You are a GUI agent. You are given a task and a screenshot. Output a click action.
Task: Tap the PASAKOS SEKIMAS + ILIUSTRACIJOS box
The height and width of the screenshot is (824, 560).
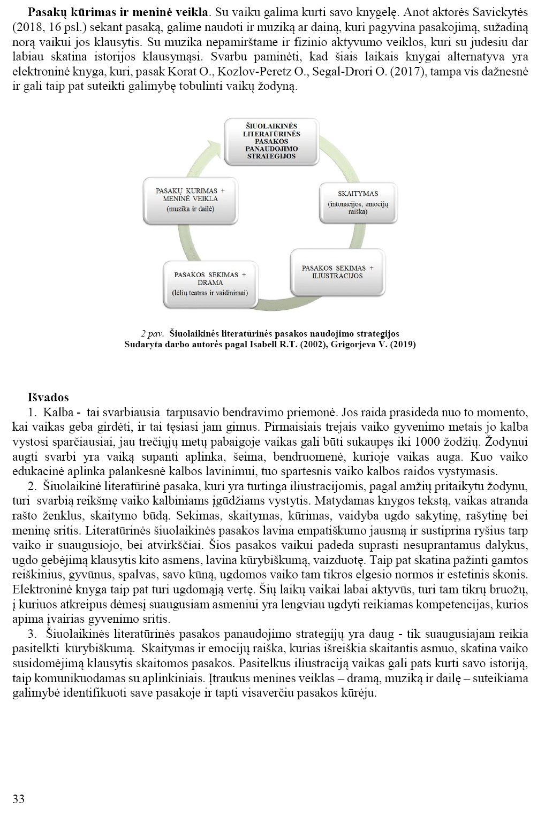pyautogui.click(x=337, y=272)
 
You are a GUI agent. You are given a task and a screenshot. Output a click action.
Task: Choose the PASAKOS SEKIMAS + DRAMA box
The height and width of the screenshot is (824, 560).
pyautogui.click(x=210, y=283)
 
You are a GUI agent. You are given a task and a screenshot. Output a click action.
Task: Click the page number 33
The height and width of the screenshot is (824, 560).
pyautogui.click(x=18, y=799)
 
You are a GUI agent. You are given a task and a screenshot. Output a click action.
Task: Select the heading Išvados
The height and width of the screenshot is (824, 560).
pyautogui.click(x=48, y=398)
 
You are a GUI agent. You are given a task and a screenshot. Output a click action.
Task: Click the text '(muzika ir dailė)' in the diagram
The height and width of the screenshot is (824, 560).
pyautogui.click(x=190, y=209)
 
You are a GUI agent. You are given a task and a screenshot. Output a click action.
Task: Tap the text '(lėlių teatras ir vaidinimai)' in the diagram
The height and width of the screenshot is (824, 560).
pyautogui.click(x=210, y=293)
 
